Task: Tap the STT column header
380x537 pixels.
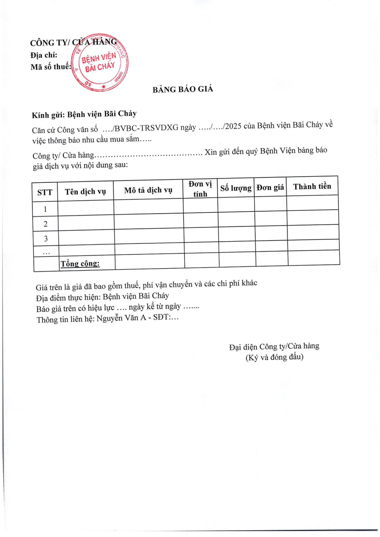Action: [x=45, y=192]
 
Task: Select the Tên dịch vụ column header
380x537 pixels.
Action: [x=85, y=192]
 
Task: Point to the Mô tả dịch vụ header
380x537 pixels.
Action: [x=148, y=190]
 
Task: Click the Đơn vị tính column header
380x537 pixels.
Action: [x=200, y=188]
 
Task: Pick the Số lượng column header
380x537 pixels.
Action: [x=236, y=188]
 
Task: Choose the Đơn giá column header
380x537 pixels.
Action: [x=270, y=188]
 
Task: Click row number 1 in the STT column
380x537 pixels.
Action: [x=46, y=209]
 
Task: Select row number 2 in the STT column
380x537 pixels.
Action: [x=46, y=224]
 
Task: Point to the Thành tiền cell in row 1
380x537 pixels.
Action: [x=313, y=203]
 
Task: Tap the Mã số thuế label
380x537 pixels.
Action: [x=50, y=67]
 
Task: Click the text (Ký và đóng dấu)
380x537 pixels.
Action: [x=274, y=358]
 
